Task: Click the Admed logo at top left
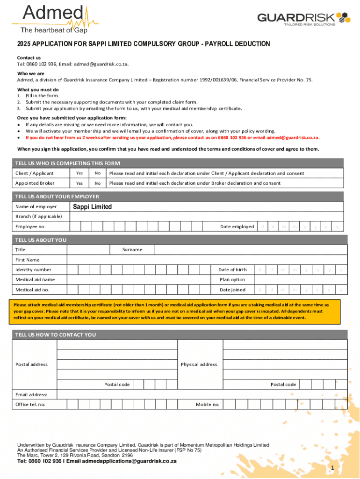[x=49, y=18]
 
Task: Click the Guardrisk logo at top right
[x=303, y=18]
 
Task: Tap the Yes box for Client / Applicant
[x=79, y=173]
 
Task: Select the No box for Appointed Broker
[x=97, y=183]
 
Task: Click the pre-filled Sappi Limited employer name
[x=92, y=207]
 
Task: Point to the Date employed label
[x=237, y=227]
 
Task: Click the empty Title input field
[x=88, y=250]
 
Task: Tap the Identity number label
[x=33, y=270]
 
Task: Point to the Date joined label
[x=232, y=290]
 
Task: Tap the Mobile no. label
[x=207, y=405]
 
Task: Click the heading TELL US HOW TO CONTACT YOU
[x=56, y=335]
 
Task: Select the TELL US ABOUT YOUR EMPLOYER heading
[x=57, y=196]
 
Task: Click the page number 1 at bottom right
[x=332, y=468]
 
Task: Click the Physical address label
[x=199, y=364]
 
